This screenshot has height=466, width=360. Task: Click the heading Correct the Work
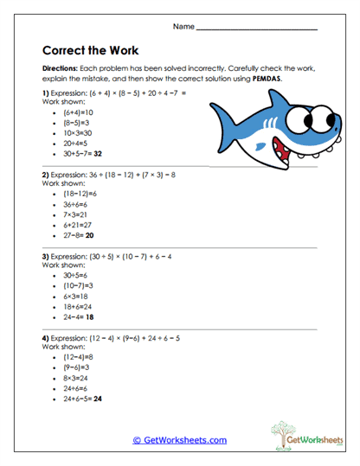(90, 50)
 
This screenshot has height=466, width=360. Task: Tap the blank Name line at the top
(257, 28)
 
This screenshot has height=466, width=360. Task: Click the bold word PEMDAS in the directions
(269, 78)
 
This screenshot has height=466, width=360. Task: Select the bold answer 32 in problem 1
(98, 152)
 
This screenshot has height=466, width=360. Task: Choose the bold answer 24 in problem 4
(98, 399)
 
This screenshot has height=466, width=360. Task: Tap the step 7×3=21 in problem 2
(77, 214)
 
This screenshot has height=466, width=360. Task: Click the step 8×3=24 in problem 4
(77, 378)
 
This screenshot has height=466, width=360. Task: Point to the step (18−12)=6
(80, 194)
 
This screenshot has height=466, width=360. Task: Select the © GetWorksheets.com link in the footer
(179, 440)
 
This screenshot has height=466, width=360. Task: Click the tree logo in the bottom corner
(286, 433)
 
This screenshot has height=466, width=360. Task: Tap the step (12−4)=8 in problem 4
(79, 357)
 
